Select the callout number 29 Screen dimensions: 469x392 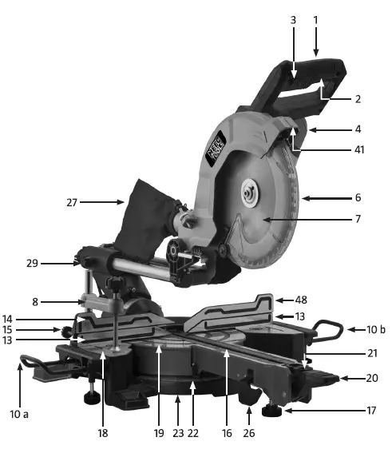point(33,262)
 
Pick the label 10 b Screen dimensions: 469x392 point(364,329)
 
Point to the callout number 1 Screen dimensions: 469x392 point(316,17)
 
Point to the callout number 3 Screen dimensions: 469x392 point(294,17)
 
